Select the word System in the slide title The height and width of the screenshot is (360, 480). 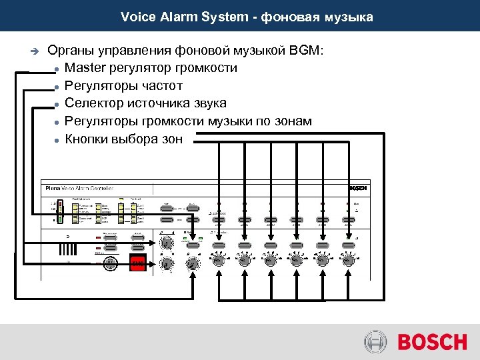(x=222, y=16)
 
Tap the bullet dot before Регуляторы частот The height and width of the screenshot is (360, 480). (x=58, y=87)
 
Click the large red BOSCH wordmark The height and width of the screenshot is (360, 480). (x=433, y=343)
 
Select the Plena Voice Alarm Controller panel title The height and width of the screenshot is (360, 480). (x=84, y=189)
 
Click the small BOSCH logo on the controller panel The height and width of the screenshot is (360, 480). (x=358, y=188)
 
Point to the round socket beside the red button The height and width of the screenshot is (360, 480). (x=111, y=263)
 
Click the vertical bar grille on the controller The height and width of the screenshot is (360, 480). (x=67, y=249)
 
